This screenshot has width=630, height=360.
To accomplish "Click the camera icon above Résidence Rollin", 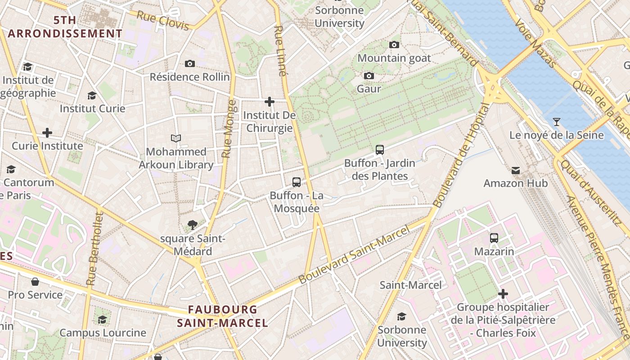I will pyautogui.click(x=190, y=64).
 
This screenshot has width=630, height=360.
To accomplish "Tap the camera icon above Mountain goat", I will pyautogui.click(x=394, y=45).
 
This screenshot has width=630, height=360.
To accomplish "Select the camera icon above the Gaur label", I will pyautogui.click(x=369, y=76).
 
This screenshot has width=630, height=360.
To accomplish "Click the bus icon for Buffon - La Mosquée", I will pyautogui.click(x=297, y=182).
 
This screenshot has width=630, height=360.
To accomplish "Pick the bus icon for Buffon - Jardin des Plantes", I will pyautogui.click(x=380, y=150).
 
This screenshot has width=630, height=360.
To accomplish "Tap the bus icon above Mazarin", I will pyautogui.click(x=494, y=238).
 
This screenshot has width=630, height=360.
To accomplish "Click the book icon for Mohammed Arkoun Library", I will pyautogui.click(x=176, y=138).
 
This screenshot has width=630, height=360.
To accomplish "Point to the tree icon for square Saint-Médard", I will pyautogui.click(x=193, y=225).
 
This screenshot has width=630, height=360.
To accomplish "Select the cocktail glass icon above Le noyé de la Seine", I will pyautogui.click(x=557, y=121).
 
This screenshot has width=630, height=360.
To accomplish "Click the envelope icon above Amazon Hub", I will pyautogui.click(x=516, y=170).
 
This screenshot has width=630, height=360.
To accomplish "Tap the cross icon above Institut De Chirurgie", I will pyautogui.click(x=270, y=102).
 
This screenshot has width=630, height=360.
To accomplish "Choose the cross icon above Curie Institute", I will pyautogui.click(x=47, y=133).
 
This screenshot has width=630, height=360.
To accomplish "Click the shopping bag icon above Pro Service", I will pyautogui.click(x=35, y=282).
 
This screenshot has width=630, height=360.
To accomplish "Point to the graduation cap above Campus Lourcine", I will pyautogui.click(x=103, y=319).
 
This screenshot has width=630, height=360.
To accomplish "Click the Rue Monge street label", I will pyautogui.click(x=229, y=129).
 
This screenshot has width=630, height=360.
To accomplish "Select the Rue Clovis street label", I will pyautogui.click(x=162, y=20).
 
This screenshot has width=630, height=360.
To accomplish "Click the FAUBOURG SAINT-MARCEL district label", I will pyautogui.click(x=222, y=316).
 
